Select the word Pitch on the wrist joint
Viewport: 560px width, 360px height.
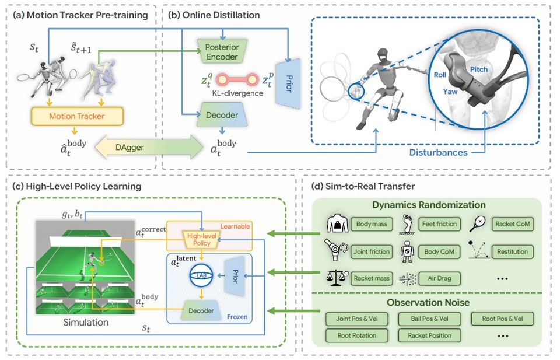(479, 69)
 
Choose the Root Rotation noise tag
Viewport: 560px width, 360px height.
(356, 335)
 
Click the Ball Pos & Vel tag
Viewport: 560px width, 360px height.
(429, 319)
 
